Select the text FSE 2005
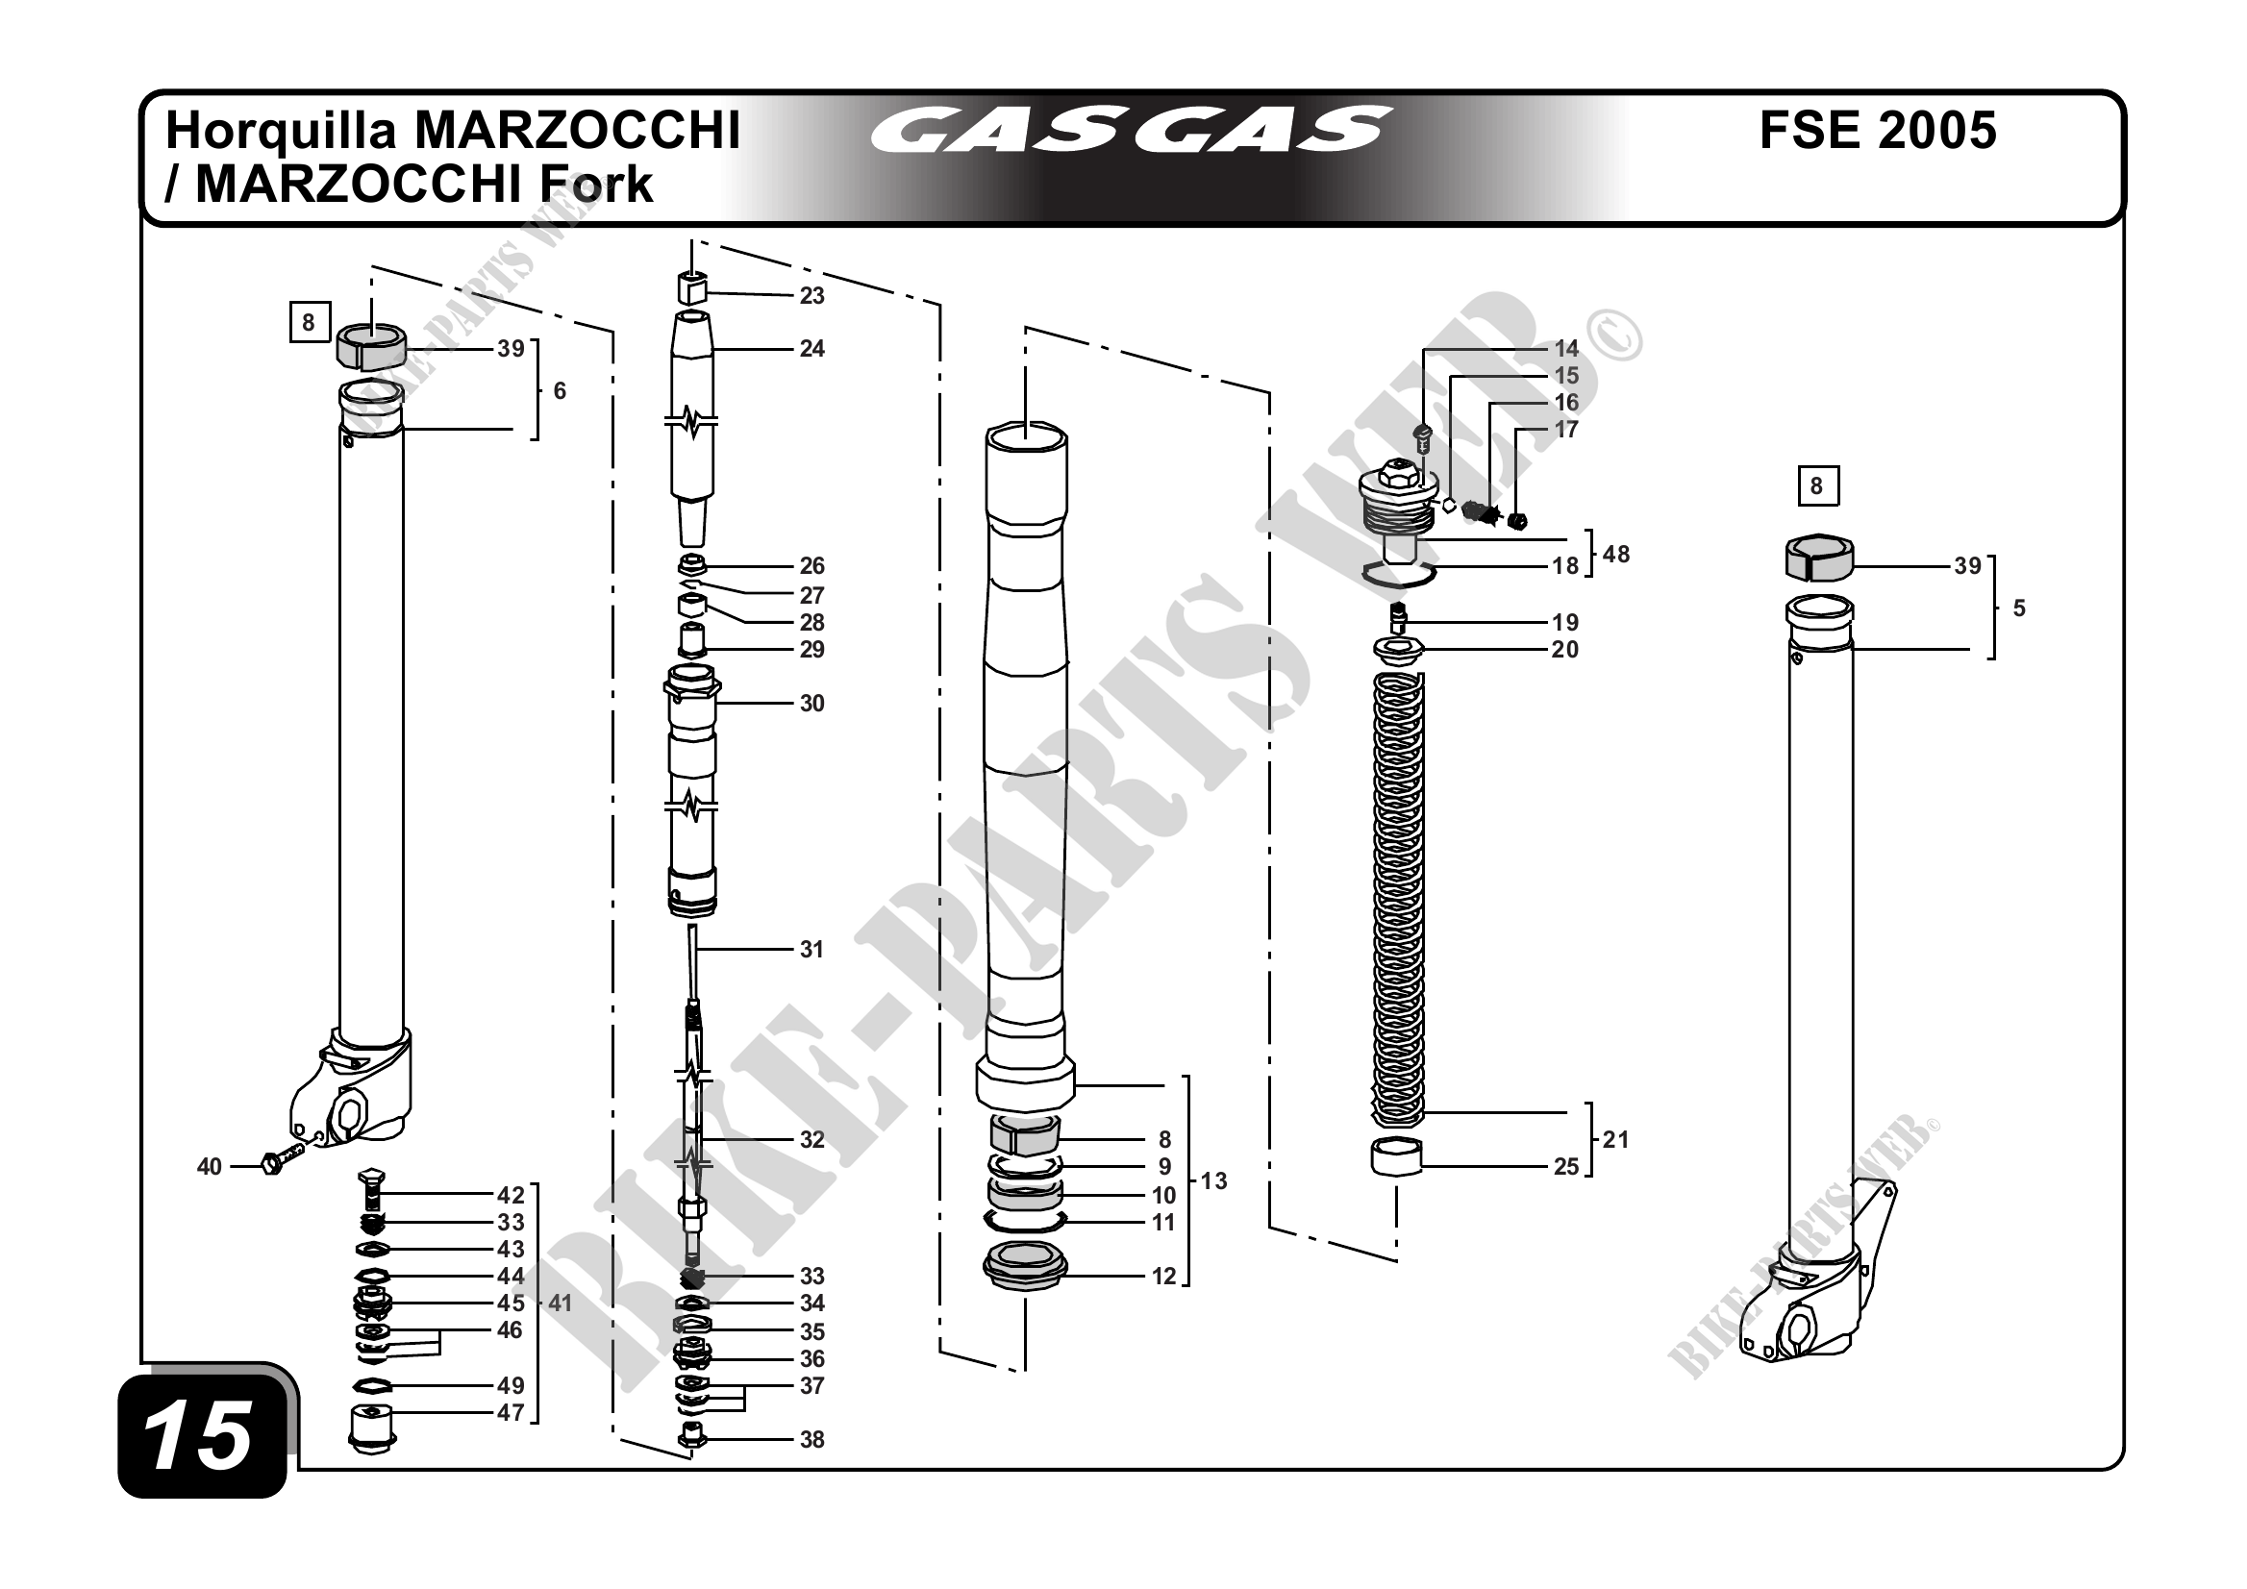pyautogui.click(x=1877, y=131)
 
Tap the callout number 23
pyautogui.click(x=811, y=295)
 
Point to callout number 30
pyautogui.click(x=811, y=704)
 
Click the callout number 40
pyautogui.click(x=210, y=1166)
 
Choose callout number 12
pyautogui.click(x=1162, y=1276)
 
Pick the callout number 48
pyautogui.click(x=1615, y=554)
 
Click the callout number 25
pyautogui.click(x=1566, y=1166)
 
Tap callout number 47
pyautogui.click(x=511, y=1412)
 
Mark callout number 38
pyautogui.click(x=811, y=1439)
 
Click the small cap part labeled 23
pyautogui.click(x=691, y=289)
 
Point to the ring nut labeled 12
pyautogui.click(x=1025, y=1268)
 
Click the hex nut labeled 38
pyautogui.click(x=693, y=1436)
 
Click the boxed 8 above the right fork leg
pyautogui.click(x=1817, y=486)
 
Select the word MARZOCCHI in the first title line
pyautogui.click(x=578, y=131)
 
